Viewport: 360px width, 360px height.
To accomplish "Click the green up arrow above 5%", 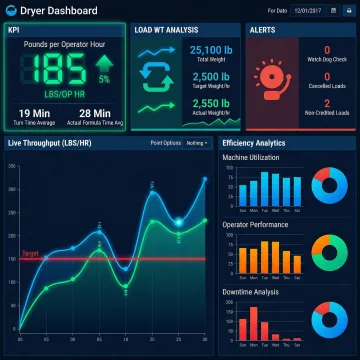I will [104, 62].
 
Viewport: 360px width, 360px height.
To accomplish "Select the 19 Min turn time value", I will [35, 113].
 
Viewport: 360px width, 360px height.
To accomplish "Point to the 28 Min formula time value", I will [95, 113].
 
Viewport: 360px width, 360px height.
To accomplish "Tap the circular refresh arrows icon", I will [158, 76].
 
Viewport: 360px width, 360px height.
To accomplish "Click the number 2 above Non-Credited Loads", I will [328, 103].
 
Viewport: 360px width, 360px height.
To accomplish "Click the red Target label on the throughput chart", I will [30, 254].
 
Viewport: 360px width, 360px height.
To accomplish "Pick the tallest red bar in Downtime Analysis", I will [252, 322].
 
